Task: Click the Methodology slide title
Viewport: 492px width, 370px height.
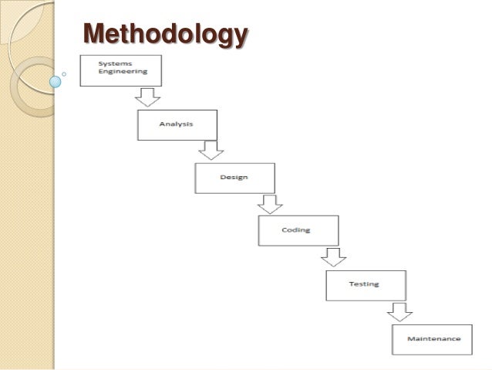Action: pos(166,35)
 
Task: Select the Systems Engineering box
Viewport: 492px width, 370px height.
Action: pos(120,70)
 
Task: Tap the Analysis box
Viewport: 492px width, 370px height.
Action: pos(177,124)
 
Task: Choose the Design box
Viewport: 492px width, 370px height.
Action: pos(234,178)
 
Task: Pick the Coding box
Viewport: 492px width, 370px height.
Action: pos(297,230)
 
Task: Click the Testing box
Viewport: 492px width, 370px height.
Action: pos(364,284)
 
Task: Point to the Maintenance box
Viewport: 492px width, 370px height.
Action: pos(432,339)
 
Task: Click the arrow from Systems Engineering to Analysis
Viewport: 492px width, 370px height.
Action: pos(147,97)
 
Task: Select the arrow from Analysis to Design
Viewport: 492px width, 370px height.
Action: pos(209,150)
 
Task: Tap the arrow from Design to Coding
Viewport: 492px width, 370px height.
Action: pos(269,203)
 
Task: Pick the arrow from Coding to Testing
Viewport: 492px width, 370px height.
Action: pos(334,257)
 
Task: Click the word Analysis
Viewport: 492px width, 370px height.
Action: pos(176,124)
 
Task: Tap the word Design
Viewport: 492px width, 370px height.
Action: pos(233,177)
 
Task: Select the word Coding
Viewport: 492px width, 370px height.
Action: pos(297,229)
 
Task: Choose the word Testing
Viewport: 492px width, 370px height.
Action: pos(363,283)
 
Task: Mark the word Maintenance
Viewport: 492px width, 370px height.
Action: pos(433,338)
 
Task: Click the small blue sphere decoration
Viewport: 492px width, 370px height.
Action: pos(55,80)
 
